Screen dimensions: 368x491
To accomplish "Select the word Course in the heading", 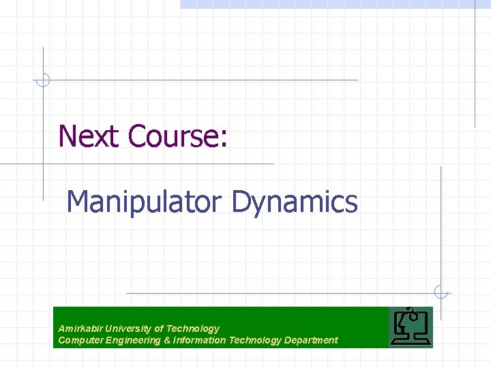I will tap(173, 136).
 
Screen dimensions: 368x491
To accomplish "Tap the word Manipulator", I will tap(144, 202).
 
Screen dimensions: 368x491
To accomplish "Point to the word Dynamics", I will tap(294, 202).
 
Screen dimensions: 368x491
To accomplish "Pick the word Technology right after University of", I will tap(193, 328).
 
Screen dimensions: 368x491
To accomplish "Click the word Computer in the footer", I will tap(80, 340).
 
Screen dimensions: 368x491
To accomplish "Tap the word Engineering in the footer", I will tap(132, 340).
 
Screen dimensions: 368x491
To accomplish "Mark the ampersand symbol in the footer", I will tap(168, 340).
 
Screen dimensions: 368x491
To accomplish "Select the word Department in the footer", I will tap(311, 340).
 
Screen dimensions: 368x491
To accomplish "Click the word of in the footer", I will tap(160, 328).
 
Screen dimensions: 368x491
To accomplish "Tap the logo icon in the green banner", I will tap(411, 327).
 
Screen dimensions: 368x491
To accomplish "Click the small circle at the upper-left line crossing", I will tap(43, 80).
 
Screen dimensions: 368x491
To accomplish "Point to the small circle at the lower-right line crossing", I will tap(441, 292).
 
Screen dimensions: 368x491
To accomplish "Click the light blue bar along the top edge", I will tap(334, 4).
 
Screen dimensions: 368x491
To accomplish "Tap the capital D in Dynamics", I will tap(242, 202).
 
